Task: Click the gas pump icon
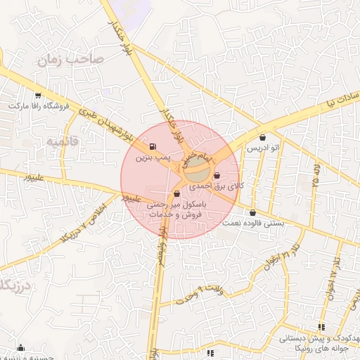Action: [153, 146]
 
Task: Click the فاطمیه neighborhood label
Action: [63, 143]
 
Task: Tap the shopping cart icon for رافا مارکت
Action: [37, 96]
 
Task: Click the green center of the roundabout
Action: [198, 169]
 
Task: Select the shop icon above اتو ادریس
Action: [263, 138]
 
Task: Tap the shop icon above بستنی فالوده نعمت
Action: [252, 212]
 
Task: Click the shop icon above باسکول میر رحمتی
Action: [176, 193]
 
